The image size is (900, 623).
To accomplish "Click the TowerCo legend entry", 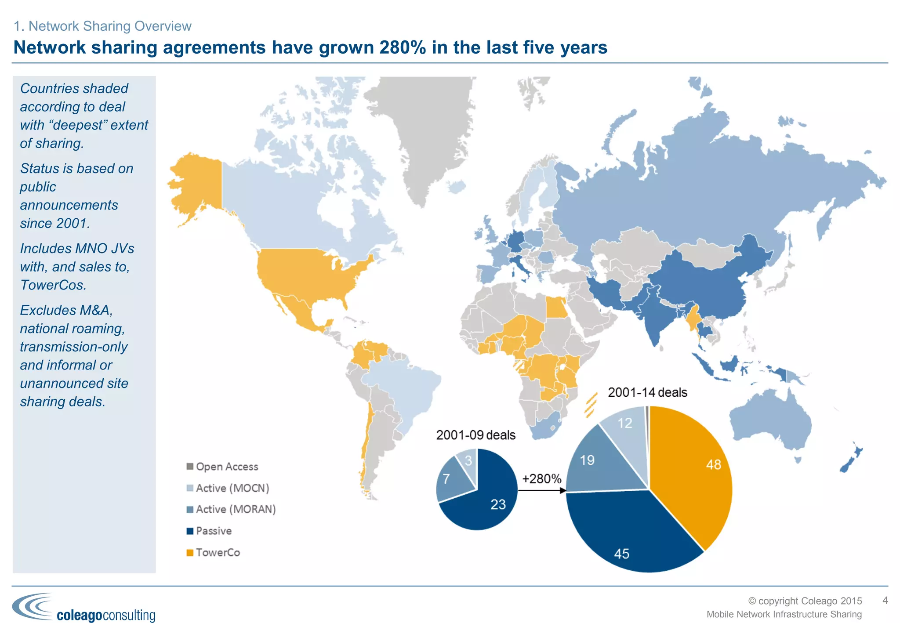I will (x=214, y=553).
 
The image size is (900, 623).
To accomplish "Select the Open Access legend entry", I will (x=222, y=467).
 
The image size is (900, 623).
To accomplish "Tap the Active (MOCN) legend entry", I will (x=228, y=488).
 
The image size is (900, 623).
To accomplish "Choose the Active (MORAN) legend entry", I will (x=231, y=509).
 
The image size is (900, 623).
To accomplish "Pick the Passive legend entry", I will (x=209, y=531).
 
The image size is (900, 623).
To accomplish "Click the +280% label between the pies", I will (x=541, y=478).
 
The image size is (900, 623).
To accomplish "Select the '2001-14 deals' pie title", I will (x=647, y=392).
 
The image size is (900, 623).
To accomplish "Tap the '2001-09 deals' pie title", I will (x=475, y=435).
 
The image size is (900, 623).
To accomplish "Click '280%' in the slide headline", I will (x=403, y=47).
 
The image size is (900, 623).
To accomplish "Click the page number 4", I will (x=885, y=601).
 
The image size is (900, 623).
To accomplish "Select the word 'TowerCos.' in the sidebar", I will (x=53, y=285).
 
